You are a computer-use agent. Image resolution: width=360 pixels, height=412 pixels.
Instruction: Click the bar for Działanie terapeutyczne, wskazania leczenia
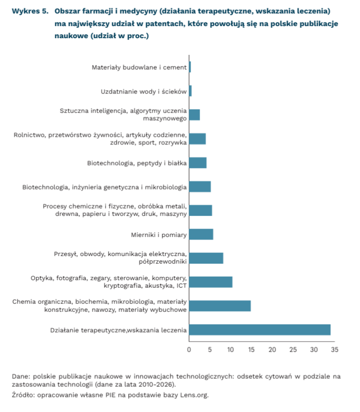point(259,330)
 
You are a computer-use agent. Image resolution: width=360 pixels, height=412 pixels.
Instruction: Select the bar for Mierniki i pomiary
point(201,234)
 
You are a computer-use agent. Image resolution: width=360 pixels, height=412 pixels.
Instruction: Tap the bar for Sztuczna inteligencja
point(195,115)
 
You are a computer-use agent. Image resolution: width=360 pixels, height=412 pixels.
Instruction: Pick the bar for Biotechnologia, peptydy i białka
point(198,163)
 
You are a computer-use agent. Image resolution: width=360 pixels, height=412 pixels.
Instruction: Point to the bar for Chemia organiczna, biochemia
point(220,306)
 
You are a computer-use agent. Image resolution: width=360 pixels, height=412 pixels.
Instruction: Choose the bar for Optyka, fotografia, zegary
point(211,282)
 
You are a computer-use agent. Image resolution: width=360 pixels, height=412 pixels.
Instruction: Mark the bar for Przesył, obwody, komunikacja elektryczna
point(206,258)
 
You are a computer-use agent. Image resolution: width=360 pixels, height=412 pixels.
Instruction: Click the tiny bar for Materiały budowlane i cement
point(190,67)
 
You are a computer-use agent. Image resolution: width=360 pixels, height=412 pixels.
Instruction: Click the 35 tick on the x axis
point(334,350)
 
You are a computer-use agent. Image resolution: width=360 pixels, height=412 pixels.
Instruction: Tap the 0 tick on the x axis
point(189,350)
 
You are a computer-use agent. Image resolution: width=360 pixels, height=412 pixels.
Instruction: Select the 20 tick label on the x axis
point(272,350)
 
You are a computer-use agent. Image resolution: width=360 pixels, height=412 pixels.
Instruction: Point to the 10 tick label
point(230,350)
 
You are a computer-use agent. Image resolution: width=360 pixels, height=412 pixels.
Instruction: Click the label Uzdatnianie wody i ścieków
point(144,91)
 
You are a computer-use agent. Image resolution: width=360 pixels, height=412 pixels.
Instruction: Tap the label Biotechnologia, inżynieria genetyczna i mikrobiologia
point(105,187)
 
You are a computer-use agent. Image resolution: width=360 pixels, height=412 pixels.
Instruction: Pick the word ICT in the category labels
point(181,286)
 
